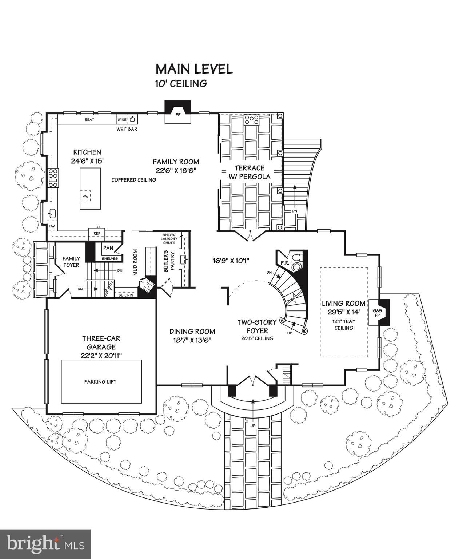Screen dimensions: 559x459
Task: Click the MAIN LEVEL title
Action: point(194,69)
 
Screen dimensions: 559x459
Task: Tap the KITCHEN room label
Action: point(87,152)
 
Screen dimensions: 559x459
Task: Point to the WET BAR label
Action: point(127,129)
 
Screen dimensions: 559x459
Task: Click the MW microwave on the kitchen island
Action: point(85,197)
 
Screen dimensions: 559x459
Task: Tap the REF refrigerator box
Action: point(97,233)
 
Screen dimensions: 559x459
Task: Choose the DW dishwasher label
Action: point(52,226)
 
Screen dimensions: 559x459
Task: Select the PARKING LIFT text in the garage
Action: point(100,382)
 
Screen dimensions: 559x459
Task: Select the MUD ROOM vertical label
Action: point(135,262)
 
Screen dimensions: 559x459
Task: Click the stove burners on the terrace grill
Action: point(251,120)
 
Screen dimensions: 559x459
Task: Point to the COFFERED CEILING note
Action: point(133,180)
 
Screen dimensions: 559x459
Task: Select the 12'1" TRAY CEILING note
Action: point(344,325)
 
